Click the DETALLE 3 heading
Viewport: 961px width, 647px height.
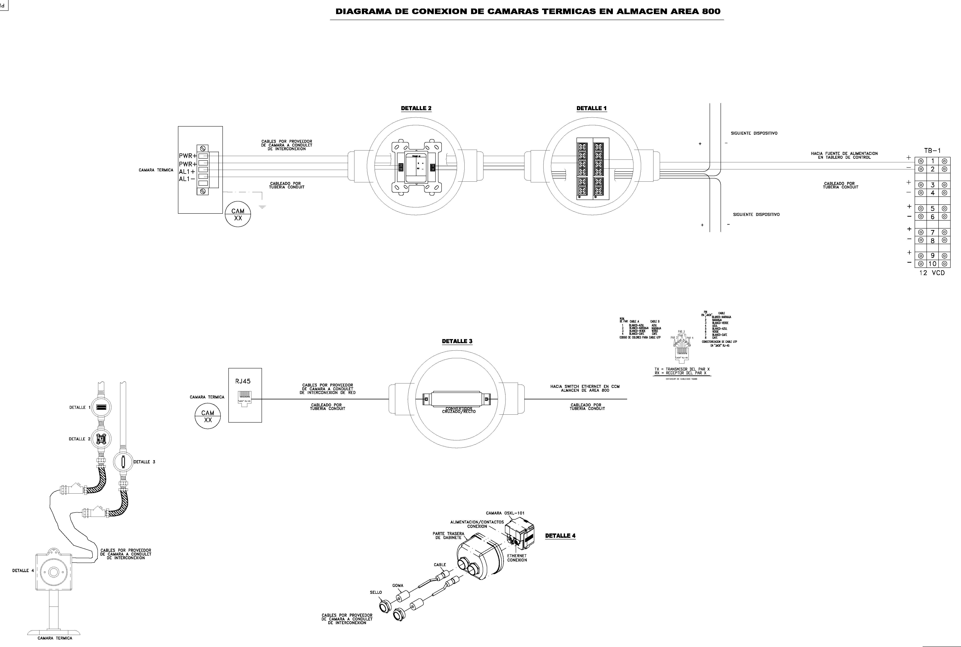point(457,341)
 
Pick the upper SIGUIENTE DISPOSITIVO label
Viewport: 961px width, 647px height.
point(754,133)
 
